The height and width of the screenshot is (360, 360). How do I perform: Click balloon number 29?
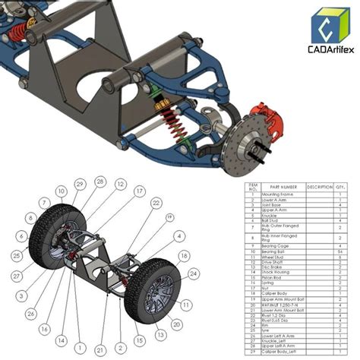click(80, 185)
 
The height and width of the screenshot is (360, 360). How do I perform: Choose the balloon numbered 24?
click(194, 273)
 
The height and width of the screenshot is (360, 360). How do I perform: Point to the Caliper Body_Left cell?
click(279, 353)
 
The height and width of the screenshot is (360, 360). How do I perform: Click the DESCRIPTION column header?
click(319, 187)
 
